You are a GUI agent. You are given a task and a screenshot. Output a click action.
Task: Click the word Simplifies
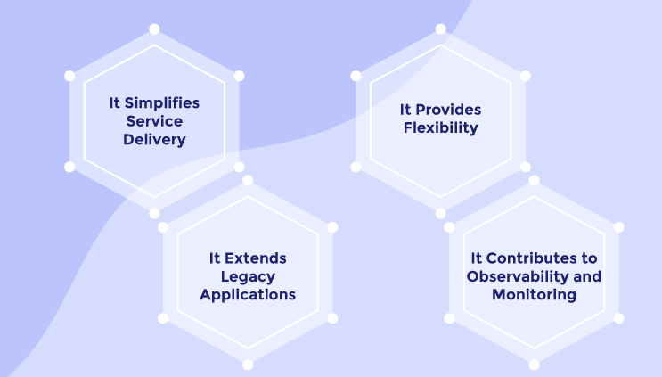(161, 103)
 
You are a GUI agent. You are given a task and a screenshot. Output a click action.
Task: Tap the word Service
(154, 121)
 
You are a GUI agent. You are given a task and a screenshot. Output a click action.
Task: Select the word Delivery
(154, 140)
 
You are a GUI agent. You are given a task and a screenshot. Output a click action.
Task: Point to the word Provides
(448, 111)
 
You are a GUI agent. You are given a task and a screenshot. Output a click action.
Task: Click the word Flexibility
(441, 127)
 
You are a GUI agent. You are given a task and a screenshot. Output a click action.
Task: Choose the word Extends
(256, 258)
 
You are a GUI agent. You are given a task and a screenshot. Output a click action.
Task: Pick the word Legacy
(248, 277)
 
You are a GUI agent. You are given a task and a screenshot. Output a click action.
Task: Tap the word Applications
(248, 295)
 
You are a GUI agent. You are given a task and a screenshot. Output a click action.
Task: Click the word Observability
(518, 276)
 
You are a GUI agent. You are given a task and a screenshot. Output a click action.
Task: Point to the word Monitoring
(534, 295)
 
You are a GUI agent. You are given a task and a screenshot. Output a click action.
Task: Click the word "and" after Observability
(587, 276)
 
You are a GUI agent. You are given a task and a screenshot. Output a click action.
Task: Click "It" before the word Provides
(405, 110)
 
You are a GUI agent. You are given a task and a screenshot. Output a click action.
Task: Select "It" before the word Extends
(215, 258)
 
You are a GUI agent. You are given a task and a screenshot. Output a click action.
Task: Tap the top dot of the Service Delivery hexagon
(154, 29)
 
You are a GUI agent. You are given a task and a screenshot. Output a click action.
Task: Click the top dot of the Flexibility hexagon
(441, 29)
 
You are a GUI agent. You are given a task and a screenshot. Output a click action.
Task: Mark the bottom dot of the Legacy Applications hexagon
(248, 365)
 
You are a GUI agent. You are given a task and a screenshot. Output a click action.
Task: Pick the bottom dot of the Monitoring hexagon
(534, 365)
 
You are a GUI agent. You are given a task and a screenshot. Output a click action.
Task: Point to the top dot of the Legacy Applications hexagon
(248, 181)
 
